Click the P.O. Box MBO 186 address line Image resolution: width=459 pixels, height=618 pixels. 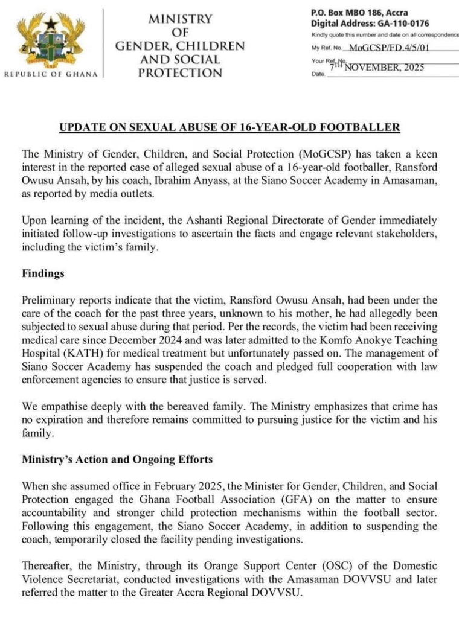click(x=359, y=12)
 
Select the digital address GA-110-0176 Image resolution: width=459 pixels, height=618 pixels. click(x=399, y=24)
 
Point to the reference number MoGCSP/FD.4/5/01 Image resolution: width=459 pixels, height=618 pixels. click(x=391, y=48)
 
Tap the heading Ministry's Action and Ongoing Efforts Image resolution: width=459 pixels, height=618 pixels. click(x=117, y=459)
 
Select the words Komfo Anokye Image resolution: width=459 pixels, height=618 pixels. click(x=344, y=340)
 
